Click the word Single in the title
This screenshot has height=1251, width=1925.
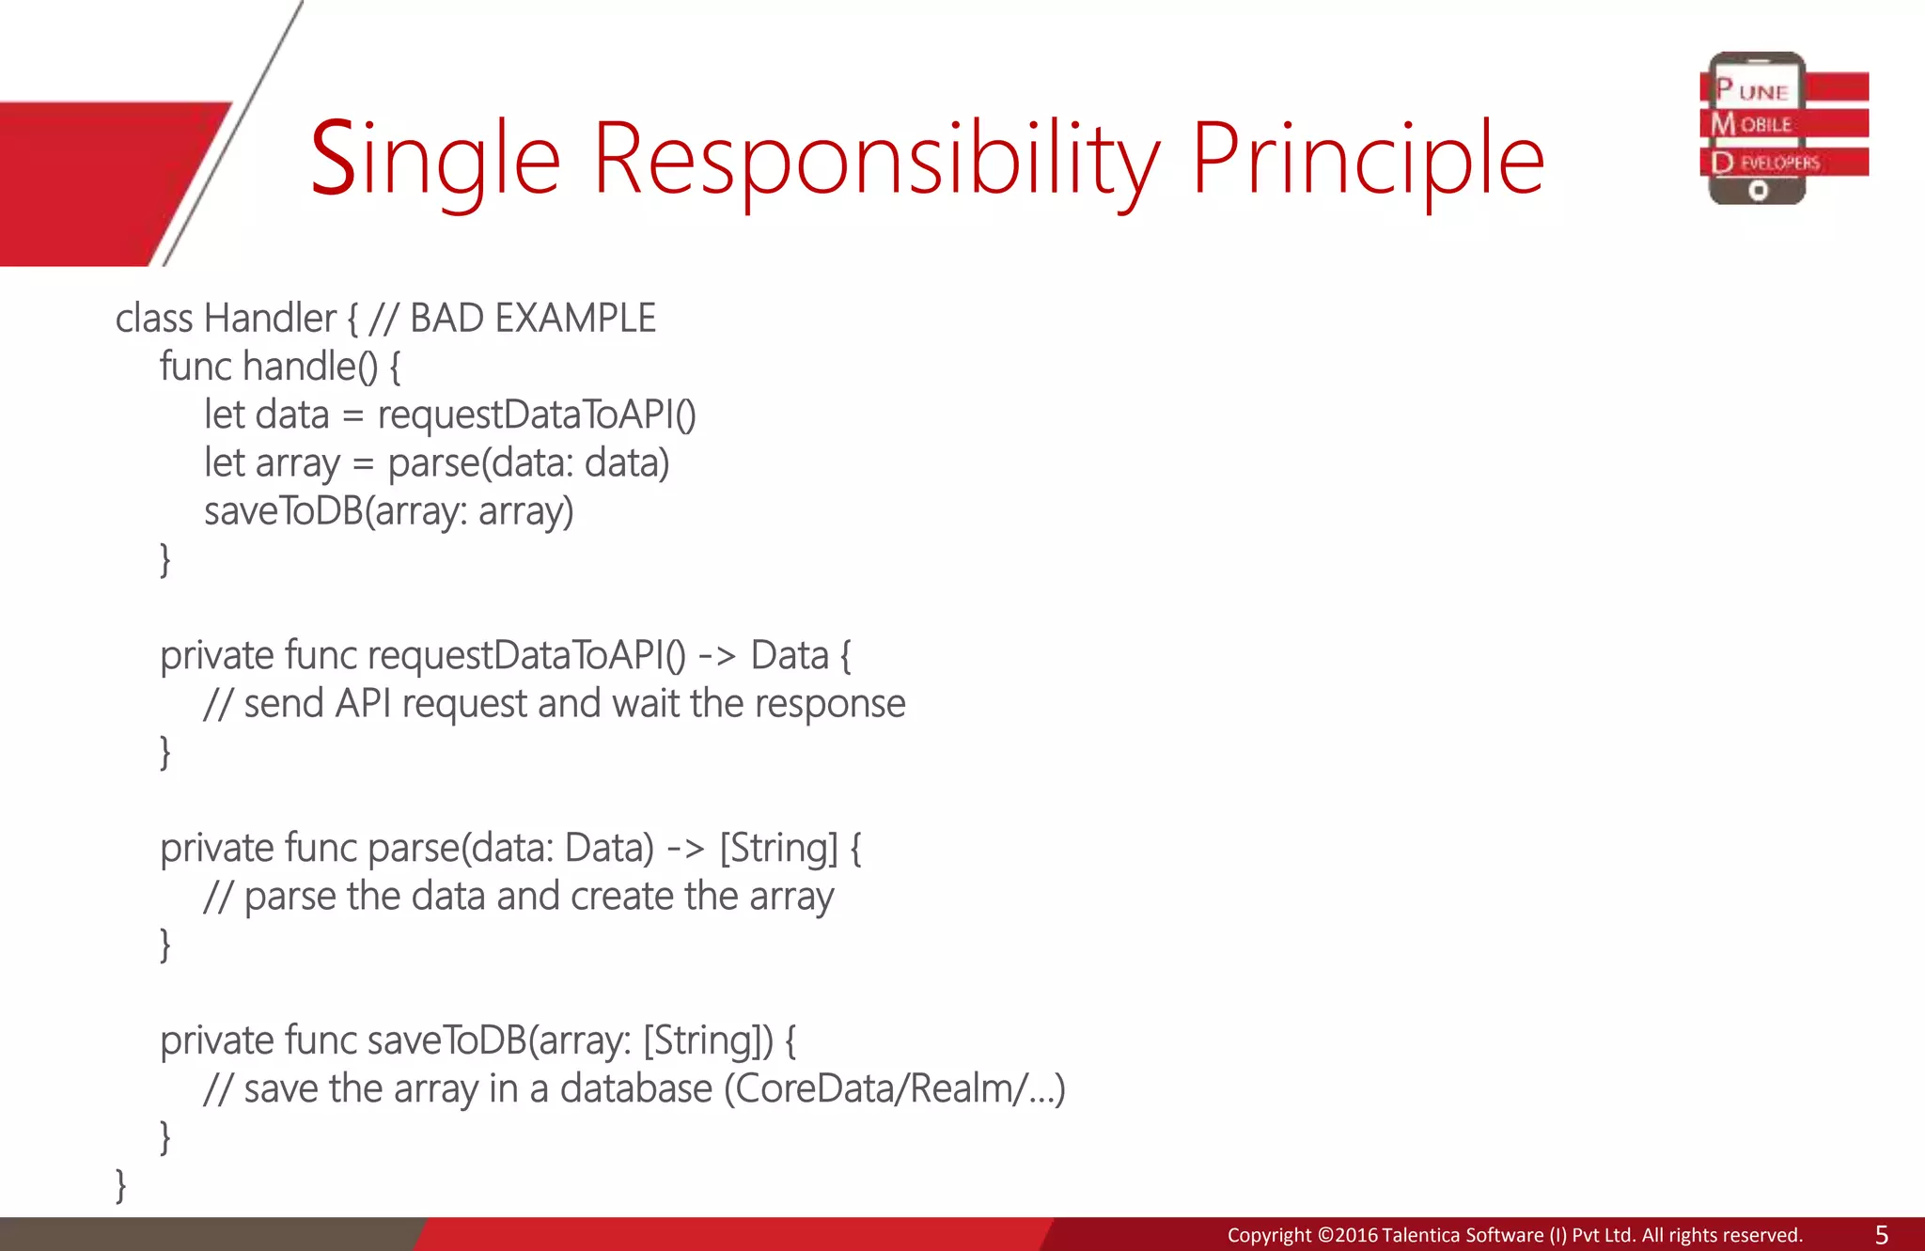tap(434, 160)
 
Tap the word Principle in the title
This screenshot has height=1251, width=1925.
tap(1368, 160)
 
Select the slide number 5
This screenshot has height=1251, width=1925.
tap(1881, 1234)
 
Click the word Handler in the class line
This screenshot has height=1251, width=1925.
tap(270, 319)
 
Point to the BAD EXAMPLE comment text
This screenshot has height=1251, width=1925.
tap(532, 319)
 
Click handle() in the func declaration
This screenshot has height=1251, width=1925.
tap(309, 367)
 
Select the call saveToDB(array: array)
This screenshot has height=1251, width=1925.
tap(388, 512)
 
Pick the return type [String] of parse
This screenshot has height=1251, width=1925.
tap(778, 849)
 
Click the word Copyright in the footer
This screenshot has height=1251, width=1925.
tap(1268, 1235)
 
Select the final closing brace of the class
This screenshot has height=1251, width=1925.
tap(120, 1184)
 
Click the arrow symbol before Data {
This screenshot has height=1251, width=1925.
tap(716, 656)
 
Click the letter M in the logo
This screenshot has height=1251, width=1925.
tap(1723, 124)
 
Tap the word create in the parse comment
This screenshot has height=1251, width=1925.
tap(622, 897)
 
